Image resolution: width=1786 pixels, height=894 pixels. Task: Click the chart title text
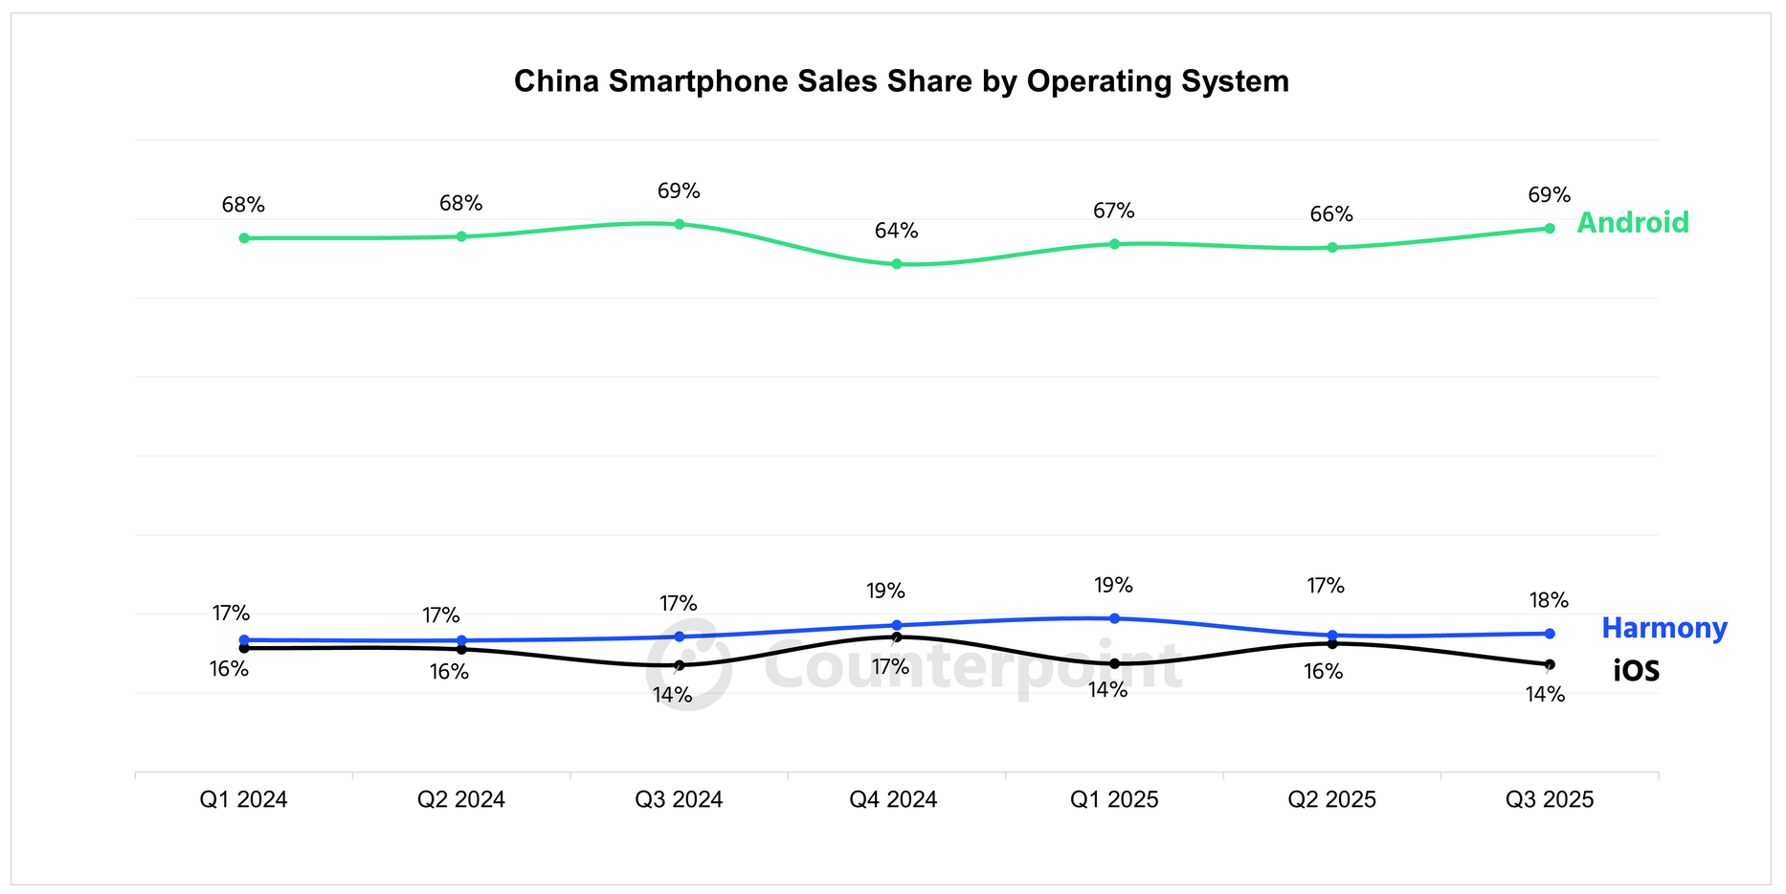pos(901,81)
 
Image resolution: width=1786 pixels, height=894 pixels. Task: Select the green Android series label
pos(1632,223)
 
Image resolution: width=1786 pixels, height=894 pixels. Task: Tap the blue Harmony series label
pos(1663,629)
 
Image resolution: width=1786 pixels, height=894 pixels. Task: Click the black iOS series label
pos(1636,672)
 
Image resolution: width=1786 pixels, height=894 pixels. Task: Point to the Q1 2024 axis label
pos(243,800)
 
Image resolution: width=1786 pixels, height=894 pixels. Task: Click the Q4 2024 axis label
pos(893,800)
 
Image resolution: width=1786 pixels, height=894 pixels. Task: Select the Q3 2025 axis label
pos(1549,800)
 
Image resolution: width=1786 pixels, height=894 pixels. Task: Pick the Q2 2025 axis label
pos(1331,800)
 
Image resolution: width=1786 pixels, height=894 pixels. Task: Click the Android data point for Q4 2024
pos(897,264)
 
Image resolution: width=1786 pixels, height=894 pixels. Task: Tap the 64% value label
pos(896,231)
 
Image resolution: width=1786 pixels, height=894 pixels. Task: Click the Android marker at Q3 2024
pos(679,224)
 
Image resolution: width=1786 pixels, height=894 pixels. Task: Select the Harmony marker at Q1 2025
pos(1114,618)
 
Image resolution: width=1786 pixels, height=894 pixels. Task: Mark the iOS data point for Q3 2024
pos(679,665)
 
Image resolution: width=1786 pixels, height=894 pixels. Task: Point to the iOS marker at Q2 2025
pos(1332,643)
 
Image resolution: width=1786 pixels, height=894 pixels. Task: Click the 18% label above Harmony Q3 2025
pos(1549,600)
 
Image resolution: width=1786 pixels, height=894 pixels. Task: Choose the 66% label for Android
pos(1331,214)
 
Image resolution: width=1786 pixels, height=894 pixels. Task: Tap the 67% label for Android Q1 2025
pos(1114,211)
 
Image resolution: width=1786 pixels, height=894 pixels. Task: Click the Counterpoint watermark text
pos(971,667)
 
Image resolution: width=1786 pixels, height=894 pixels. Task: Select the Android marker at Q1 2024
pos(244,237)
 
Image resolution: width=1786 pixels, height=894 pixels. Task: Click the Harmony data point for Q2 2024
pos(461,640)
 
